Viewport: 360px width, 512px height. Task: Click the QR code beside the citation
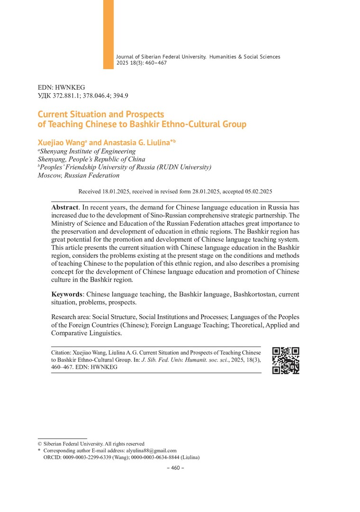coord(286,361)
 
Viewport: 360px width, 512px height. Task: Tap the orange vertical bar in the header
coord(108,34)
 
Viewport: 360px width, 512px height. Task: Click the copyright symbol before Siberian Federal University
coord(40,444)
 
